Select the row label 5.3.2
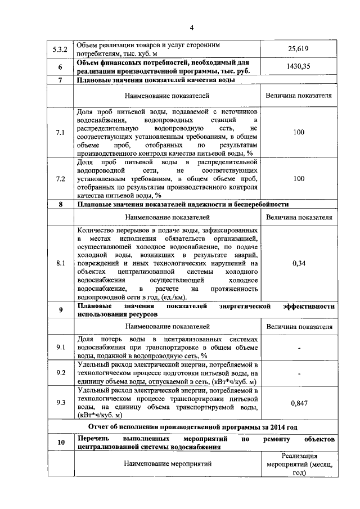60,49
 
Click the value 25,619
299,49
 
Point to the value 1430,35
299,66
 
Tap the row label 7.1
60,133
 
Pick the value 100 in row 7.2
299,179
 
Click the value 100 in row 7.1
299,133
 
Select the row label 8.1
60,263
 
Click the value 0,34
299,263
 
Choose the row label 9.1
60,348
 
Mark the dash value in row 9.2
299,372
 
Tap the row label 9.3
60,402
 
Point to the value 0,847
299,403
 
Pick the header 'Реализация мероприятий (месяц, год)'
299,465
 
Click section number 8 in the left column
60,204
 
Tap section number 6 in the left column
60,67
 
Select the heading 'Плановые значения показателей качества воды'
156,80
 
